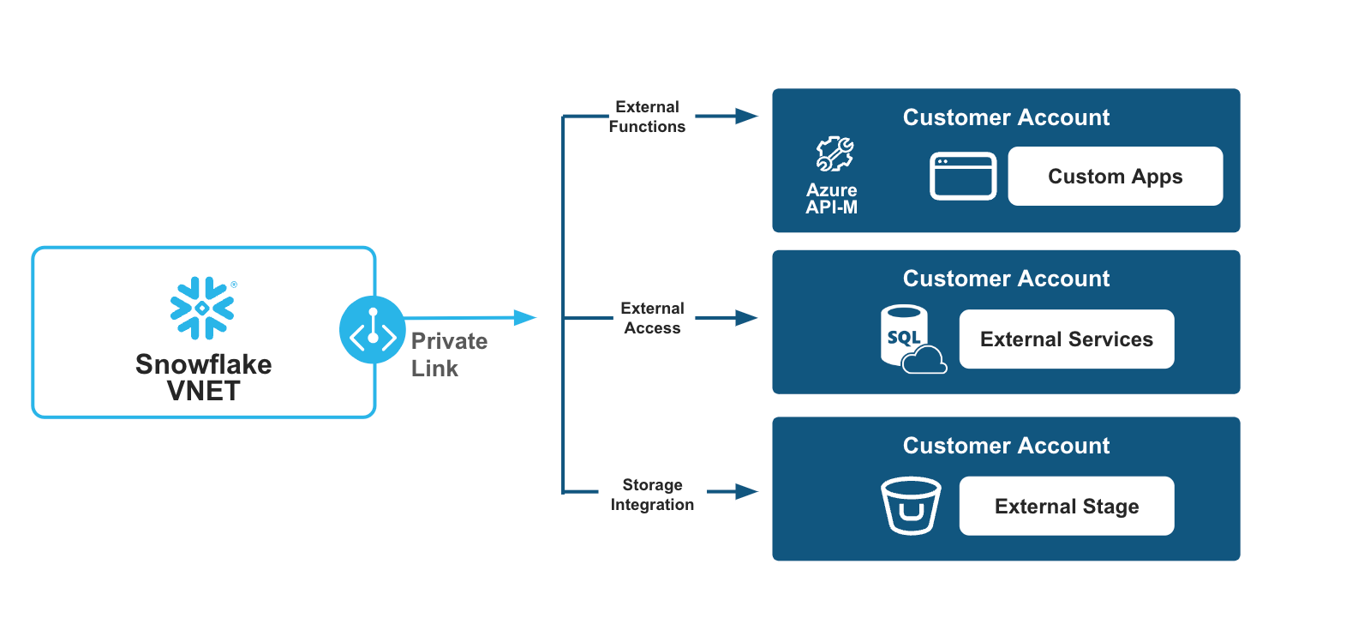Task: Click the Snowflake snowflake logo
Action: (202, 308)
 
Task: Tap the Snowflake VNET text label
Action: (204, 377)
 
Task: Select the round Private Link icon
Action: (373, 330)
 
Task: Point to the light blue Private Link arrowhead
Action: (524, 317)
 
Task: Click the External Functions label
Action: (647, 117)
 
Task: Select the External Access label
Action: (652, 318)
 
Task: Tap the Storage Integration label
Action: (652, 495)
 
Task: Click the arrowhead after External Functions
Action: (746, 116)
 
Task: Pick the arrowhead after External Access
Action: (746, 318)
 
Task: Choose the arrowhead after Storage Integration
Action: (746, 492)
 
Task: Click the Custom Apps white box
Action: (1115, 177)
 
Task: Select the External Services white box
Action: (1066, 339)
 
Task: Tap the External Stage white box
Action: (1066, 507)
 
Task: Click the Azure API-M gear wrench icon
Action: (834, 154)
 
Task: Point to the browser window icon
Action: (963, 176)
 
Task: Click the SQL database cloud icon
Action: (911, 339)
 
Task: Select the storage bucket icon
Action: (911, 506)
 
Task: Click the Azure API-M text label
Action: (831, 199)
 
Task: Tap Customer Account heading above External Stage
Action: (1006, 446)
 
